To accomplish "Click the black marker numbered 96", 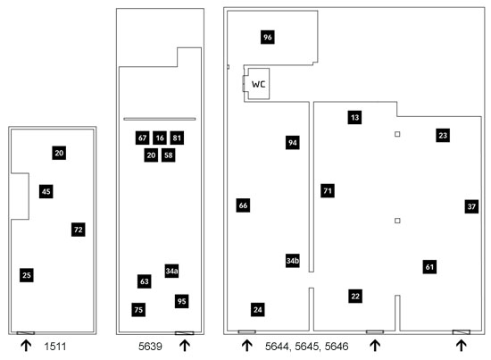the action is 268,37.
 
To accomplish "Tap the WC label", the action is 258,84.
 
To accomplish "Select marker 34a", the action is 171,271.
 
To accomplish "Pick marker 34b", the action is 293,260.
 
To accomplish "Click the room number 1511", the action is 55,347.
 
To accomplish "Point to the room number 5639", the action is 150,347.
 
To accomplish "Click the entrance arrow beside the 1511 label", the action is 26,346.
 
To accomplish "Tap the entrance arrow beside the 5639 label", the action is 185,346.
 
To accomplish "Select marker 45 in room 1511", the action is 46,191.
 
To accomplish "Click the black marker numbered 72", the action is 79,230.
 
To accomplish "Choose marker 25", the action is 27,275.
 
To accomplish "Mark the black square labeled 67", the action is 143,138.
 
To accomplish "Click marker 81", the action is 177,138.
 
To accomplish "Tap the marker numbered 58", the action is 168,155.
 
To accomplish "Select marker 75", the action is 138,310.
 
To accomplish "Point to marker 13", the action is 354,118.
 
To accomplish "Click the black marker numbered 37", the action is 471,206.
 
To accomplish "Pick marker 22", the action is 355,296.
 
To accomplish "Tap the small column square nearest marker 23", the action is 397,134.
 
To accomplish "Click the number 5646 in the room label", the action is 337,347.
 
